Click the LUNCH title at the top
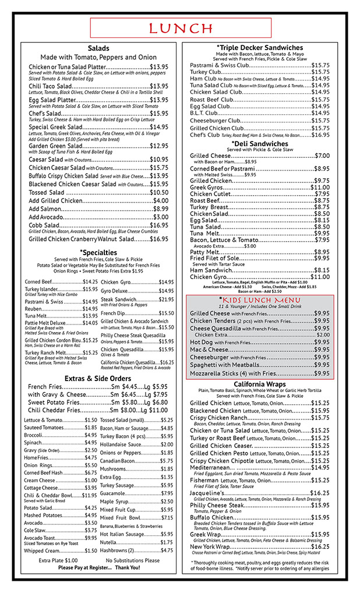tap(181, 29)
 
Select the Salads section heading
tap(98, 48)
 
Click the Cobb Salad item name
tap(44, 225)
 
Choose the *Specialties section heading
tap(98, 253)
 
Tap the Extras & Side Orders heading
tap(98, 379)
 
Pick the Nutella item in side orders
tap(109, 542)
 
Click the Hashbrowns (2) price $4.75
tap(167, 550)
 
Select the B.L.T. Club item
tap(211, 113)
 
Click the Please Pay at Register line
tap(99, 567)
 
